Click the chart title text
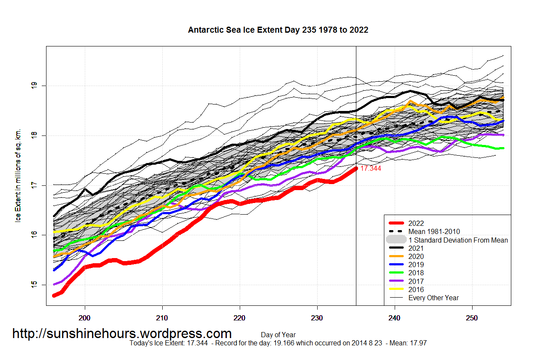[278, 30]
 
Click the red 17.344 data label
[371, 169]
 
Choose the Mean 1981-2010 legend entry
[434, 231]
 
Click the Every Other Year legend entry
[433, 298]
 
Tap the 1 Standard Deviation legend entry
[458, 240]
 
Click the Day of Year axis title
[278, 335]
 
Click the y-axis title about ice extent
[18, 175]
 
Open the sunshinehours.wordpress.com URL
[122, 333]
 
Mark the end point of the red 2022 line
[356, 169]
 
